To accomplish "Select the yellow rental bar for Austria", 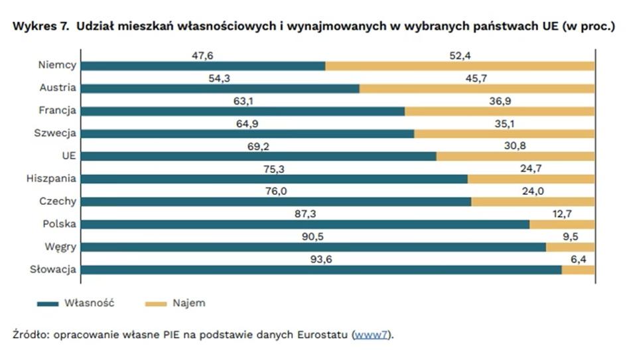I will (476, 88).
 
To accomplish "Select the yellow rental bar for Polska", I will (561, 225).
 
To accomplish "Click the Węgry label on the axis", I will (61, 247).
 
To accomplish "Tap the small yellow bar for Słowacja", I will (577, 270).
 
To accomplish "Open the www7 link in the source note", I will (371, 335).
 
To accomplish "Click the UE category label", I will (68, 156).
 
